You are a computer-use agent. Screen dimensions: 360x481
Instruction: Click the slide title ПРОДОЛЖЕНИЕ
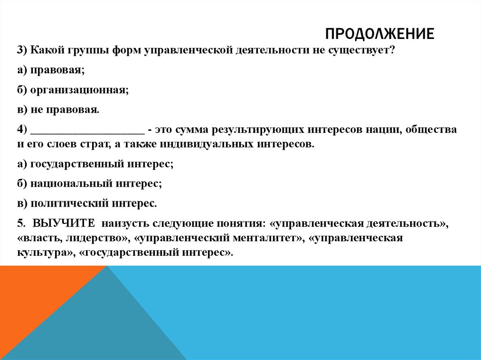click(380, 34)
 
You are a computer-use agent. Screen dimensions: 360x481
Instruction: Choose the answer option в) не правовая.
click(58, 110)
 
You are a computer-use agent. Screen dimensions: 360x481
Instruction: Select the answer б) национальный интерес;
click(90, 184)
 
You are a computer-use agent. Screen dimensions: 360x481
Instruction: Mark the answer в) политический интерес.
click(87, 204)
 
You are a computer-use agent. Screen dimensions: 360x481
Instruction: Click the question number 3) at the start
click(23, 50)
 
